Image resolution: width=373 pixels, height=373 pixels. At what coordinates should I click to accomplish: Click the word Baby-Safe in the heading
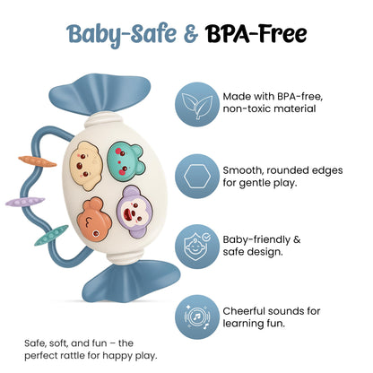point(121,35)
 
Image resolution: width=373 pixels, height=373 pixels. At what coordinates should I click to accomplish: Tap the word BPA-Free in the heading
point(256,33)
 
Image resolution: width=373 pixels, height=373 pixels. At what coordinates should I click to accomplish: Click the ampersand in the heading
point(191,34)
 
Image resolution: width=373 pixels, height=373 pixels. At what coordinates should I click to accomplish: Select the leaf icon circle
point(197,104)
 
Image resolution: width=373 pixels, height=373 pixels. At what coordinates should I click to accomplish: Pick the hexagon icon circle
point(197,176)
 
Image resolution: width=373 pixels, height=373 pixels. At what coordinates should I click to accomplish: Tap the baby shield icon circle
point(197,247)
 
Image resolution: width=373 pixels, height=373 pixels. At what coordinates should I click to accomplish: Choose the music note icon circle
point(197,317)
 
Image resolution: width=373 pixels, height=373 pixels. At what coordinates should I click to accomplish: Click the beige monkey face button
point(86,165)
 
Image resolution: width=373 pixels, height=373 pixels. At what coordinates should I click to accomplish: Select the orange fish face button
point(94,219)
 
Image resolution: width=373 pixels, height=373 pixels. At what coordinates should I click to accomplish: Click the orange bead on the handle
point(38,161)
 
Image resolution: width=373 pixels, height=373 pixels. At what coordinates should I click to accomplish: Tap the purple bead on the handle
point(25,202)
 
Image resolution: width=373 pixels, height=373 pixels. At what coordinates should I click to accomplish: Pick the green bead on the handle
point(51,235)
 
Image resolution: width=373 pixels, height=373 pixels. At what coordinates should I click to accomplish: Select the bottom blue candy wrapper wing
point(131,282)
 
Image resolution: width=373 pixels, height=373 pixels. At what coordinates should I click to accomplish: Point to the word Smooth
point(243,170)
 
